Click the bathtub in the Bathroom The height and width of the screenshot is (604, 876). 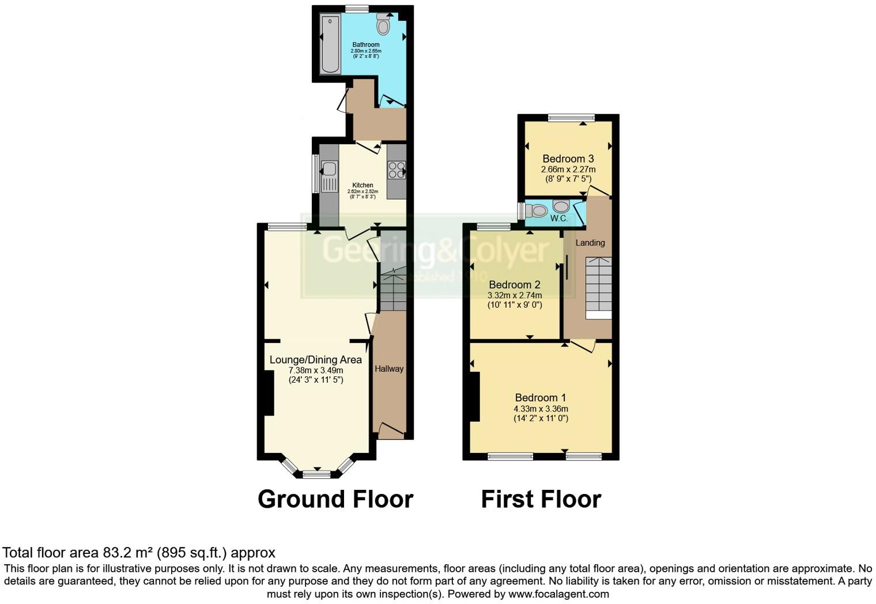point(331,44)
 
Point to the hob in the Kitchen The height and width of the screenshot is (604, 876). point(396,169)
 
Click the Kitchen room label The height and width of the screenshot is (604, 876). point(363,185)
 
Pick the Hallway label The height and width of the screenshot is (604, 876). point(389,369)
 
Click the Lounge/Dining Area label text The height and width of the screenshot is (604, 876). point(316,360)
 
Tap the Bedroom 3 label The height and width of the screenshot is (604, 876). point(568,158)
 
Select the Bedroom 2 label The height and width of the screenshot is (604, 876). point(515,285)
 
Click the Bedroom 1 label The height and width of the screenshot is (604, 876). point(540,398)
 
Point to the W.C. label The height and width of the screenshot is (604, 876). point(559,218)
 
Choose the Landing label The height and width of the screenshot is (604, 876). point(590,243)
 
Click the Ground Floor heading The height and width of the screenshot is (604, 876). point(335,499)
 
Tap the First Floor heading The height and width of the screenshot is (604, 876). point(541,499)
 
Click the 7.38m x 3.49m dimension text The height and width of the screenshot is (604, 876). point(316,370)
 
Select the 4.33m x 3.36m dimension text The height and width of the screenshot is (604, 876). point(541,409)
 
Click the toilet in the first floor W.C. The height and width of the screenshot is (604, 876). point(537,210)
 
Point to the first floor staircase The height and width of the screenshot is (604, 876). point(599,287)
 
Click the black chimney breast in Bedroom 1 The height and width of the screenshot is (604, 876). point(475,397)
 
